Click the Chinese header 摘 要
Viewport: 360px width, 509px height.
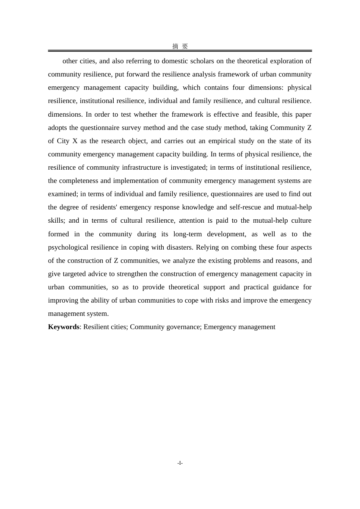click(x=180, y=46)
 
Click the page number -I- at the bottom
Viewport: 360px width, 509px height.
click(x=180, y=463)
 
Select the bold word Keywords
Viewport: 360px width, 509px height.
click(x=64, y=327)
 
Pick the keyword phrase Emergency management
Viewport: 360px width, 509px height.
click(x=239, y=327)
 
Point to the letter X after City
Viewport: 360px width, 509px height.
click(x=75, y=141)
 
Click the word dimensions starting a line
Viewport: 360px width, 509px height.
click(x=64, y=114)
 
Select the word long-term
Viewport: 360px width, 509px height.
click(x=188, y=234)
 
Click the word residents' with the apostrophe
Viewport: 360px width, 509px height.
click(x=104, y=207)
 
